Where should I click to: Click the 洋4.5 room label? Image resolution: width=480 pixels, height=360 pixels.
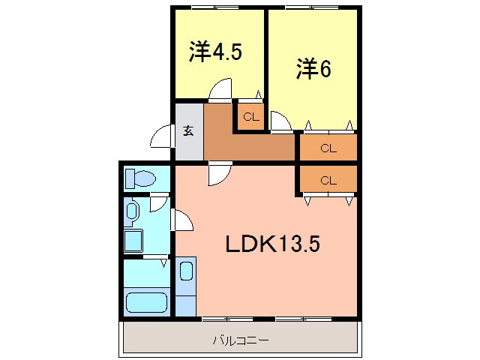tap(215, 53)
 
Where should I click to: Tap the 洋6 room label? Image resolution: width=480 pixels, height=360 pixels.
tap(313, 68)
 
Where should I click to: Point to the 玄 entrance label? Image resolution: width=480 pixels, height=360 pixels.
tap(188, 130)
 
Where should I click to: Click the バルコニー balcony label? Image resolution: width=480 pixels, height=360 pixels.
tap(240, 340)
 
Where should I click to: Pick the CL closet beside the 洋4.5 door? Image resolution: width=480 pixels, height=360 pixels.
tap(250, 116)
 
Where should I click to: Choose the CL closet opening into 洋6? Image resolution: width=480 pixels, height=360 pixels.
tap(328, 148)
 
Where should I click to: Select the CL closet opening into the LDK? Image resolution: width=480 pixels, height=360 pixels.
tap(328, 180)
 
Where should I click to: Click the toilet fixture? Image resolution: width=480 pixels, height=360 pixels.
tap(139, 178)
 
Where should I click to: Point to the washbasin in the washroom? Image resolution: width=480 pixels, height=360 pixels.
tap(132, 211)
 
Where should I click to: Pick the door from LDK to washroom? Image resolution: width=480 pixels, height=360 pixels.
tap(184, 220)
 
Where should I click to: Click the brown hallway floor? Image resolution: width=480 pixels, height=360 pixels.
tap(247, 147)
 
